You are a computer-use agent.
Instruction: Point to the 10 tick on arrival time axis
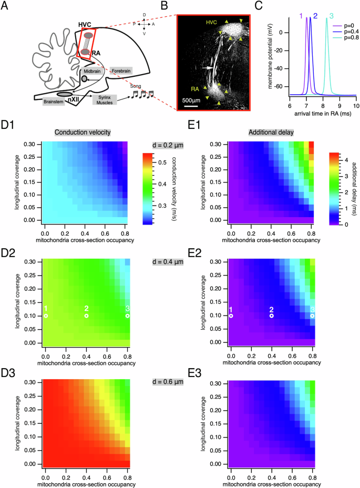click(x=356, y=106)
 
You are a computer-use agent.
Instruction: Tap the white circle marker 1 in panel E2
click(x=231, y=316)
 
